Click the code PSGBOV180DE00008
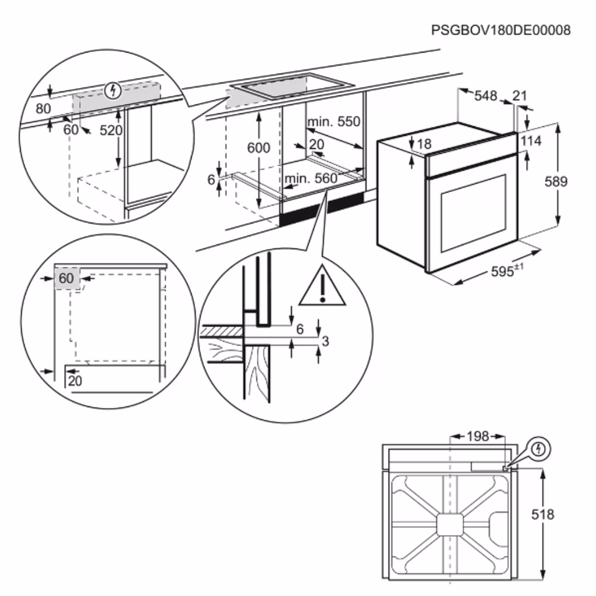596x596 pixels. point(501,30)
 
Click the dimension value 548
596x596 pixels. point(485,96)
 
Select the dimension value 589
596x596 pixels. point(555,182)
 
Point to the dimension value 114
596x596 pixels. point(531,141)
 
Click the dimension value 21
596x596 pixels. point(520,96)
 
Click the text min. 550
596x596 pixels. point(334,122)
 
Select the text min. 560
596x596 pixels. point(310,178)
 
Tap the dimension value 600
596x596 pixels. point(258,148)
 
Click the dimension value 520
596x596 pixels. point(111,130)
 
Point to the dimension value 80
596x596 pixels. point(43,108)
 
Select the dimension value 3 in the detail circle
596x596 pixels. point(325,341)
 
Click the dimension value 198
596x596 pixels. point(478,436)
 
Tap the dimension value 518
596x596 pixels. point(543,514)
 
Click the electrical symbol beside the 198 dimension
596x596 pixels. point(540,448)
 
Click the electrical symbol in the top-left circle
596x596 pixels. point(113,90)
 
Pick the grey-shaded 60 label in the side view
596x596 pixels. point(66,278)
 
